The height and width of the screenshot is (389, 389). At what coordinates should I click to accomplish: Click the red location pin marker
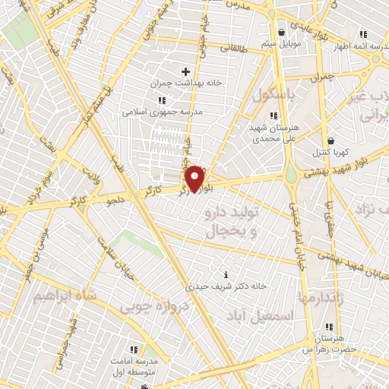[195, 178]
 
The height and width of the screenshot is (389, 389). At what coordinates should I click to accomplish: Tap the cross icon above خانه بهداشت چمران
[185, 71]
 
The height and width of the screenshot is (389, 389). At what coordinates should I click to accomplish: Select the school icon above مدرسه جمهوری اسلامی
[161, 100]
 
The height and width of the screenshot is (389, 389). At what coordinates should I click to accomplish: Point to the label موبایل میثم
[283, 43]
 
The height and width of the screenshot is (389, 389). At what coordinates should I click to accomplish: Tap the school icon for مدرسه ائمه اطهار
[363, 33]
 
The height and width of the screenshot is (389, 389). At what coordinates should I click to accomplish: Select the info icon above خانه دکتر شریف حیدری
[224, 274]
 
